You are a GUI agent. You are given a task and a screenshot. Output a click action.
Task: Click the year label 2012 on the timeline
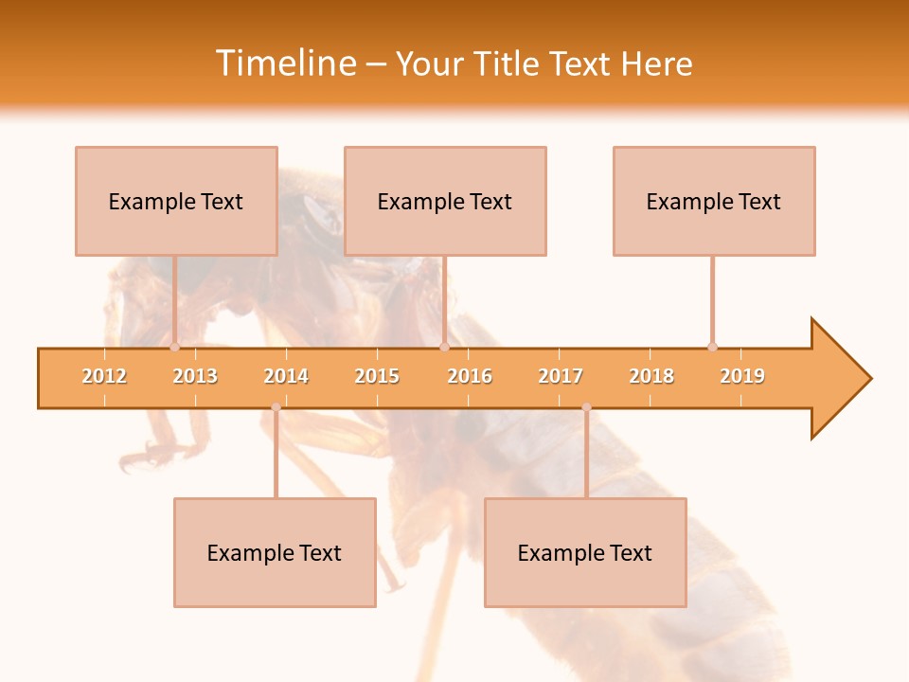point(104,376)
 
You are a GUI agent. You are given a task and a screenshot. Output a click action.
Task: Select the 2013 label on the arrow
point(195,376)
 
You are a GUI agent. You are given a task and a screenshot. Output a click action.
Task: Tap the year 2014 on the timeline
point(286,376)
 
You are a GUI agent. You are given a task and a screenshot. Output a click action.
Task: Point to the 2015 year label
point(377,376)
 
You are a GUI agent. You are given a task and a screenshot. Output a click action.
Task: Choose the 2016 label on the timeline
point(470,376)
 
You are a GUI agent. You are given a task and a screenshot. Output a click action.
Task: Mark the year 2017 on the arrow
point(561,376)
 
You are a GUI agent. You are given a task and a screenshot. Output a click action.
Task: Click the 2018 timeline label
point(651,376)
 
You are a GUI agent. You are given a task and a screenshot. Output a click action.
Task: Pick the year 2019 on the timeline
point(742,376)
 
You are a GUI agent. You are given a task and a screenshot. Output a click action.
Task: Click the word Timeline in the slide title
point(285,63)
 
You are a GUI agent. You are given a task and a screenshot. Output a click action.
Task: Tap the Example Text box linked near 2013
point(176,201)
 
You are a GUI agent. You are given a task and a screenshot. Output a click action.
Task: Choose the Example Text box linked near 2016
point(445,201)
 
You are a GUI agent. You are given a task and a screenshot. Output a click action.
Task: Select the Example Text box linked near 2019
point(714,201)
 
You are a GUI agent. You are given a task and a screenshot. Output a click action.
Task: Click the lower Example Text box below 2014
point(275,552)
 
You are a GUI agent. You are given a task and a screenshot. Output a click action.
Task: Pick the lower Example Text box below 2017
point(585,552)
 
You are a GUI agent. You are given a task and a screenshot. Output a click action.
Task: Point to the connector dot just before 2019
point(712,347)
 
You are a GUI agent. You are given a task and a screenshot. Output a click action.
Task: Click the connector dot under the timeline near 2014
point(276,407)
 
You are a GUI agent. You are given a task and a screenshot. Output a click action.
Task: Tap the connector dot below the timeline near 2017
point(586,407)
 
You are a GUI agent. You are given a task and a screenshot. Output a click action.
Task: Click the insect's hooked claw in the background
point(142,459)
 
